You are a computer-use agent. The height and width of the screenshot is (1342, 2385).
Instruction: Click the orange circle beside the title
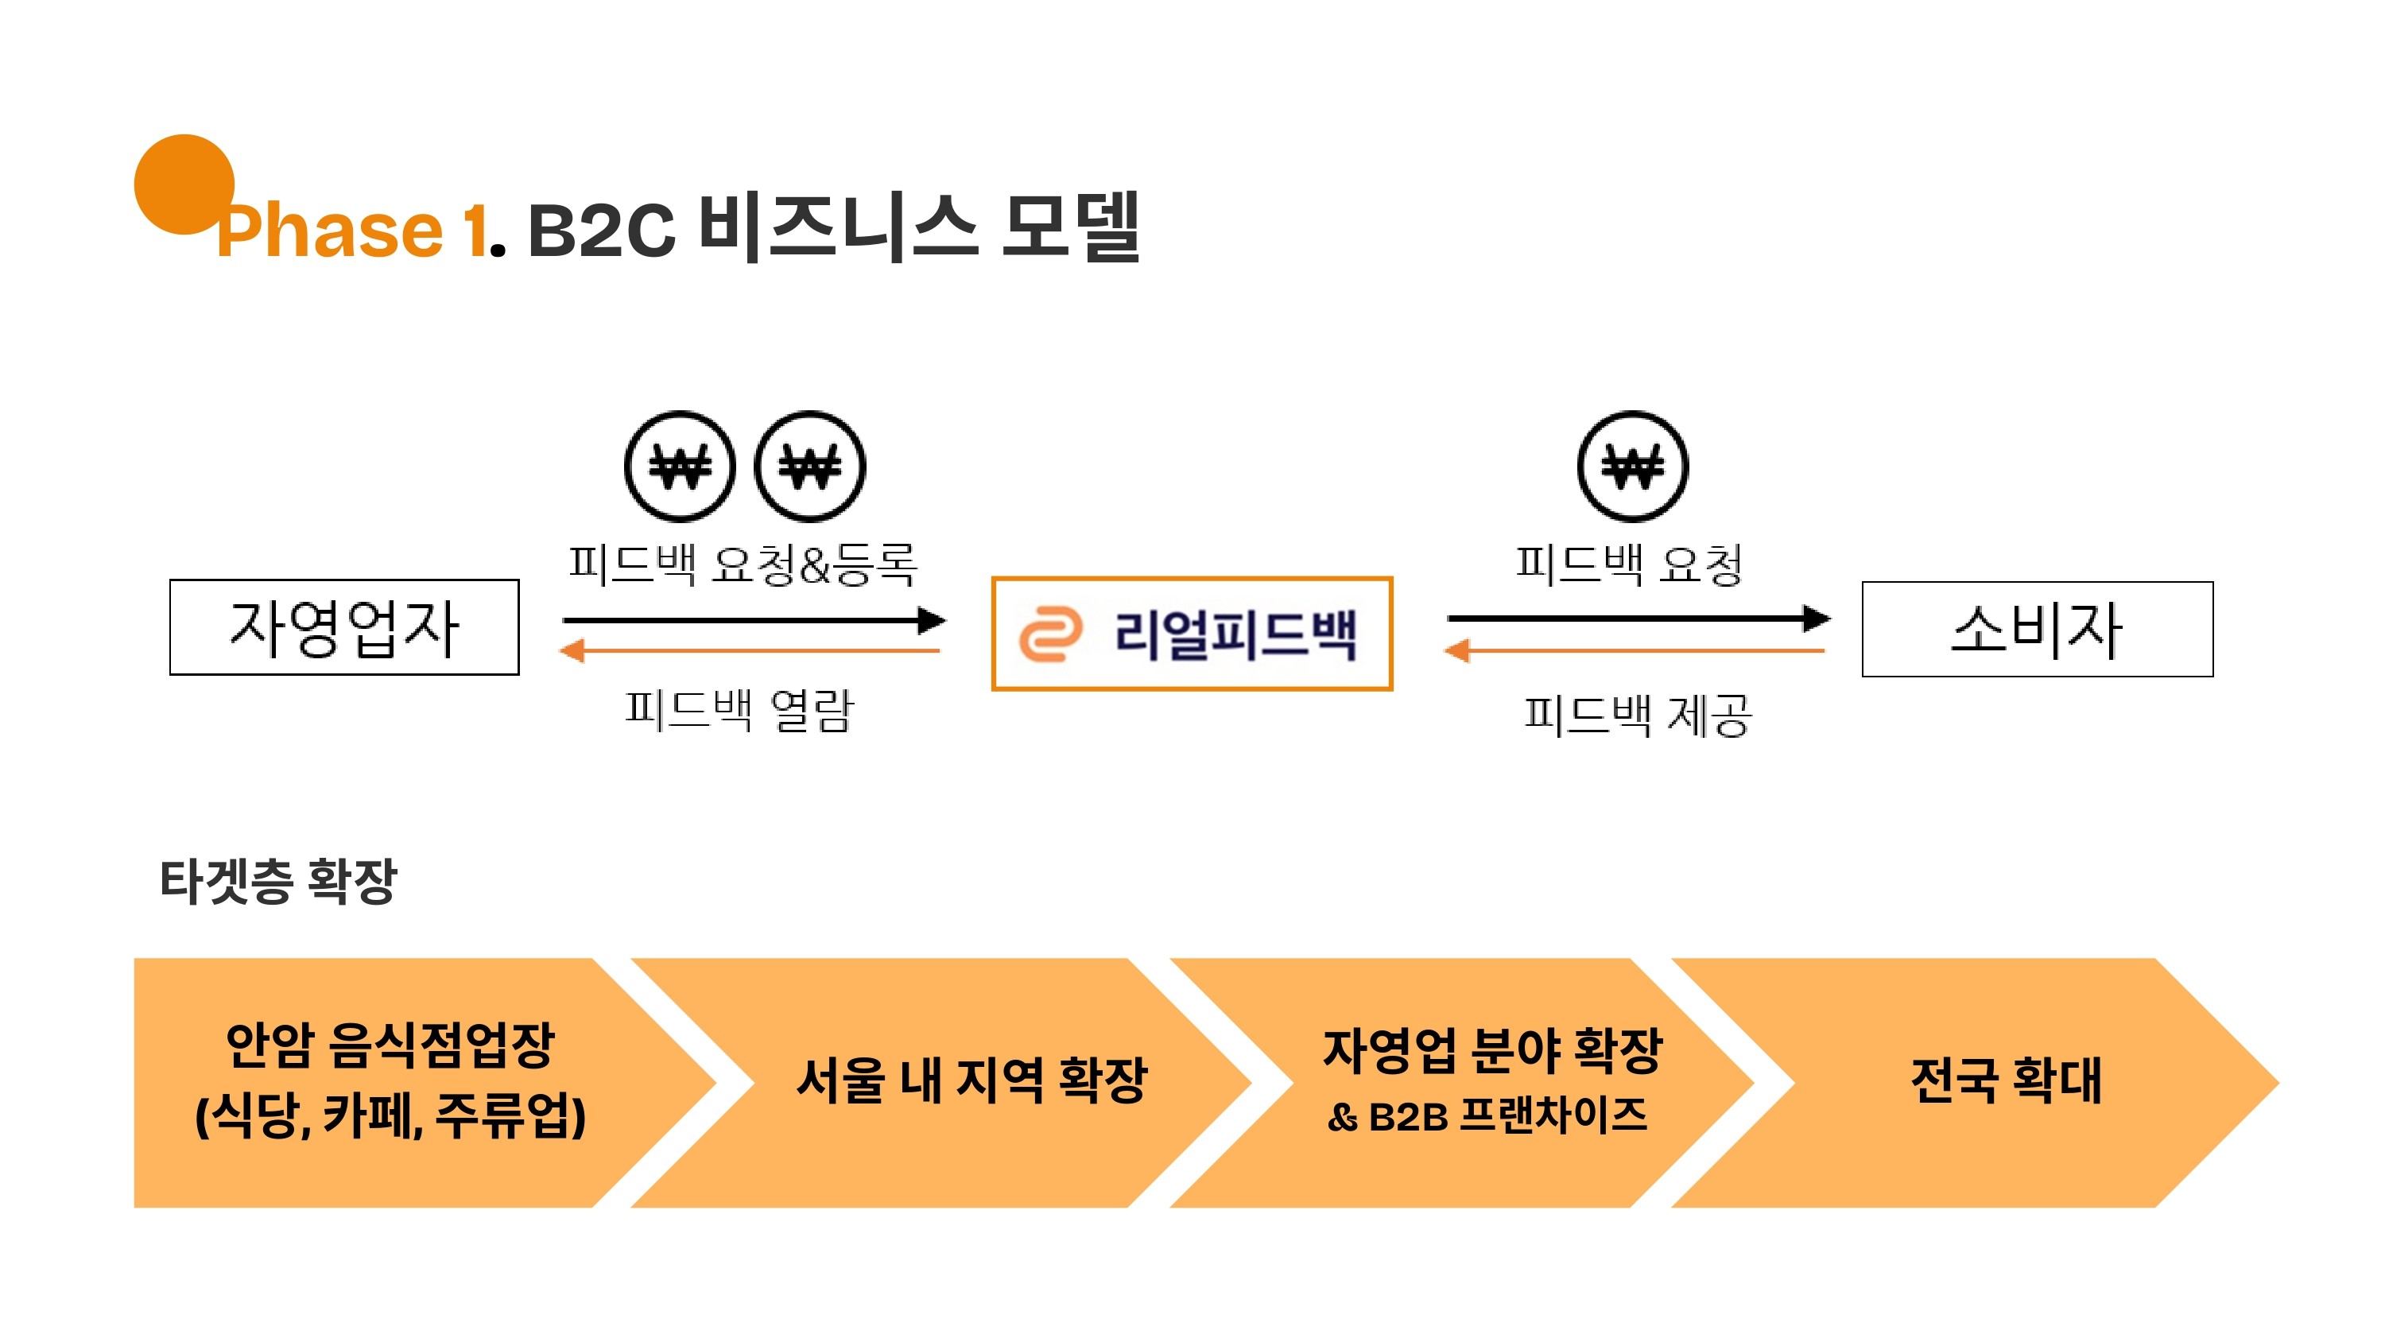pos(184,184)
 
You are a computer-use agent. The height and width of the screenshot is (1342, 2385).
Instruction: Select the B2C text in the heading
pos(601,230)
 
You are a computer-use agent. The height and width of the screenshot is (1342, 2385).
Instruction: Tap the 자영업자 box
pos(343,628)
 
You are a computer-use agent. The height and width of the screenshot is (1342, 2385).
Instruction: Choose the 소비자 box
pos(2037,630)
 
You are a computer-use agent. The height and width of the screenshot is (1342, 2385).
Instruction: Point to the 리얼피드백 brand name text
pos(1235,634)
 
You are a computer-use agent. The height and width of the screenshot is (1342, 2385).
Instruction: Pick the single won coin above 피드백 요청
pos(1632,466)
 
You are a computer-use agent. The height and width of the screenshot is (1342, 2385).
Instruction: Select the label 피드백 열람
pos(739,711)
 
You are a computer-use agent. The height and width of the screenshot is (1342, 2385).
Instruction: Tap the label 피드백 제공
pos(1637,715)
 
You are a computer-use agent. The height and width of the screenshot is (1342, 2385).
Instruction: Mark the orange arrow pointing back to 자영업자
pos(750,650)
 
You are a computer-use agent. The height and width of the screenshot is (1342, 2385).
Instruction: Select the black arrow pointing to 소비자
pos(1638,618)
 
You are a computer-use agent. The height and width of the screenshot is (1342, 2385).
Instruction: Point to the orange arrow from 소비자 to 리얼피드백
pos(1635,651)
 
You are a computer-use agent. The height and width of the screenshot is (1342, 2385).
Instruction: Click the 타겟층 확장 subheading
pos(277,881)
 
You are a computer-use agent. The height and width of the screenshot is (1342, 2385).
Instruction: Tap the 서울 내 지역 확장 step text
pos(971,1080)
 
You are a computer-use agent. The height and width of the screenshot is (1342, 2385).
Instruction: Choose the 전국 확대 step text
pos(2007,1080)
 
